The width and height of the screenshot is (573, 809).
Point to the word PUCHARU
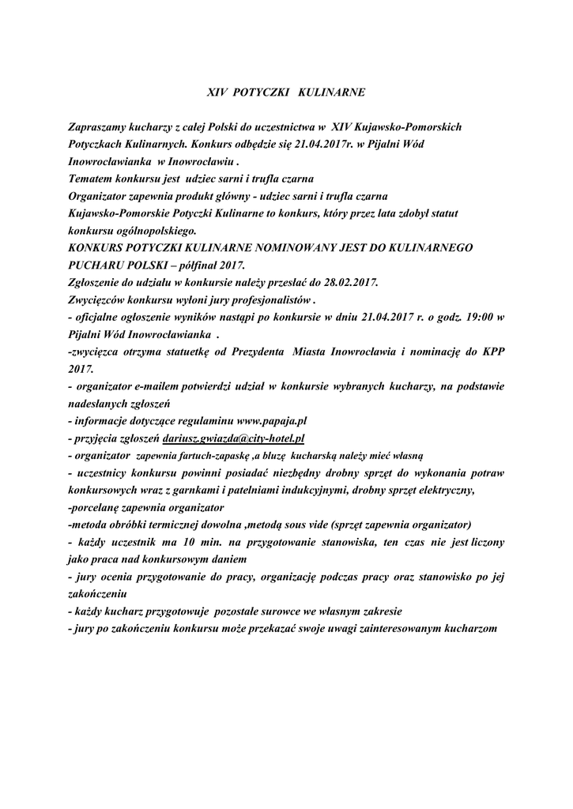[x=99, y=265]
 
